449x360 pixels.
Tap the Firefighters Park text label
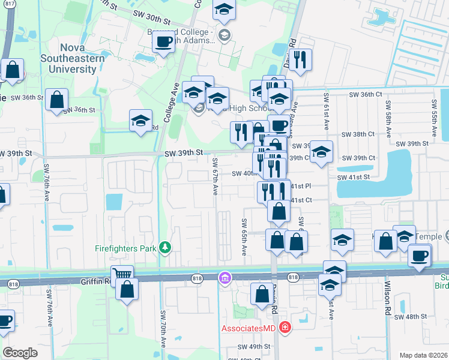[125, 247]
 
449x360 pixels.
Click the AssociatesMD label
[248, 328]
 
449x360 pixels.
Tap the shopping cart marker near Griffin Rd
[122, 274]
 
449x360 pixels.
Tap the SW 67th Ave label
[214, 176]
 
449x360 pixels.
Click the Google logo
[20, 353]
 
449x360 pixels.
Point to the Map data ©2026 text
[423, 355]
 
